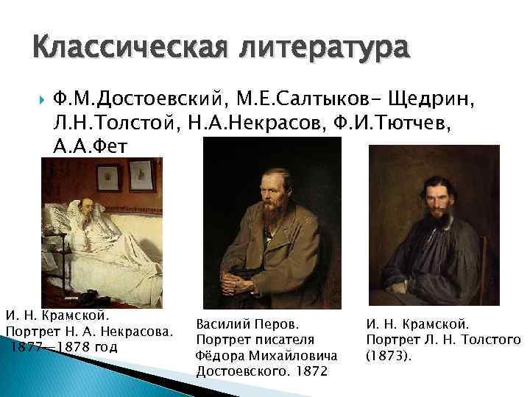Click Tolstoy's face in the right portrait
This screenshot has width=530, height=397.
pos(437,185)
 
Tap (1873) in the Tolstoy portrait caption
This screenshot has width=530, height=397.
pos(389,356)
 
